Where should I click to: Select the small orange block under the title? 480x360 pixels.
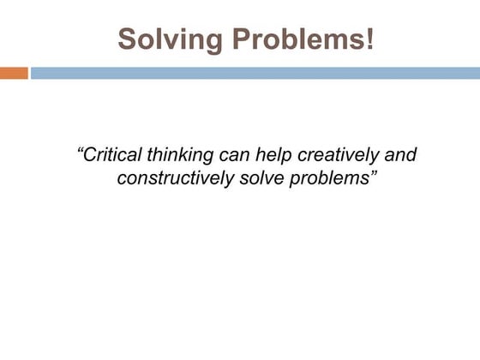[14, 74]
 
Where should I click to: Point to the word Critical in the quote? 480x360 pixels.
[111, 156]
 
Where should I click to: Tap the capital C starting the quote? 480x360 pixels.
[90, 156]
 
